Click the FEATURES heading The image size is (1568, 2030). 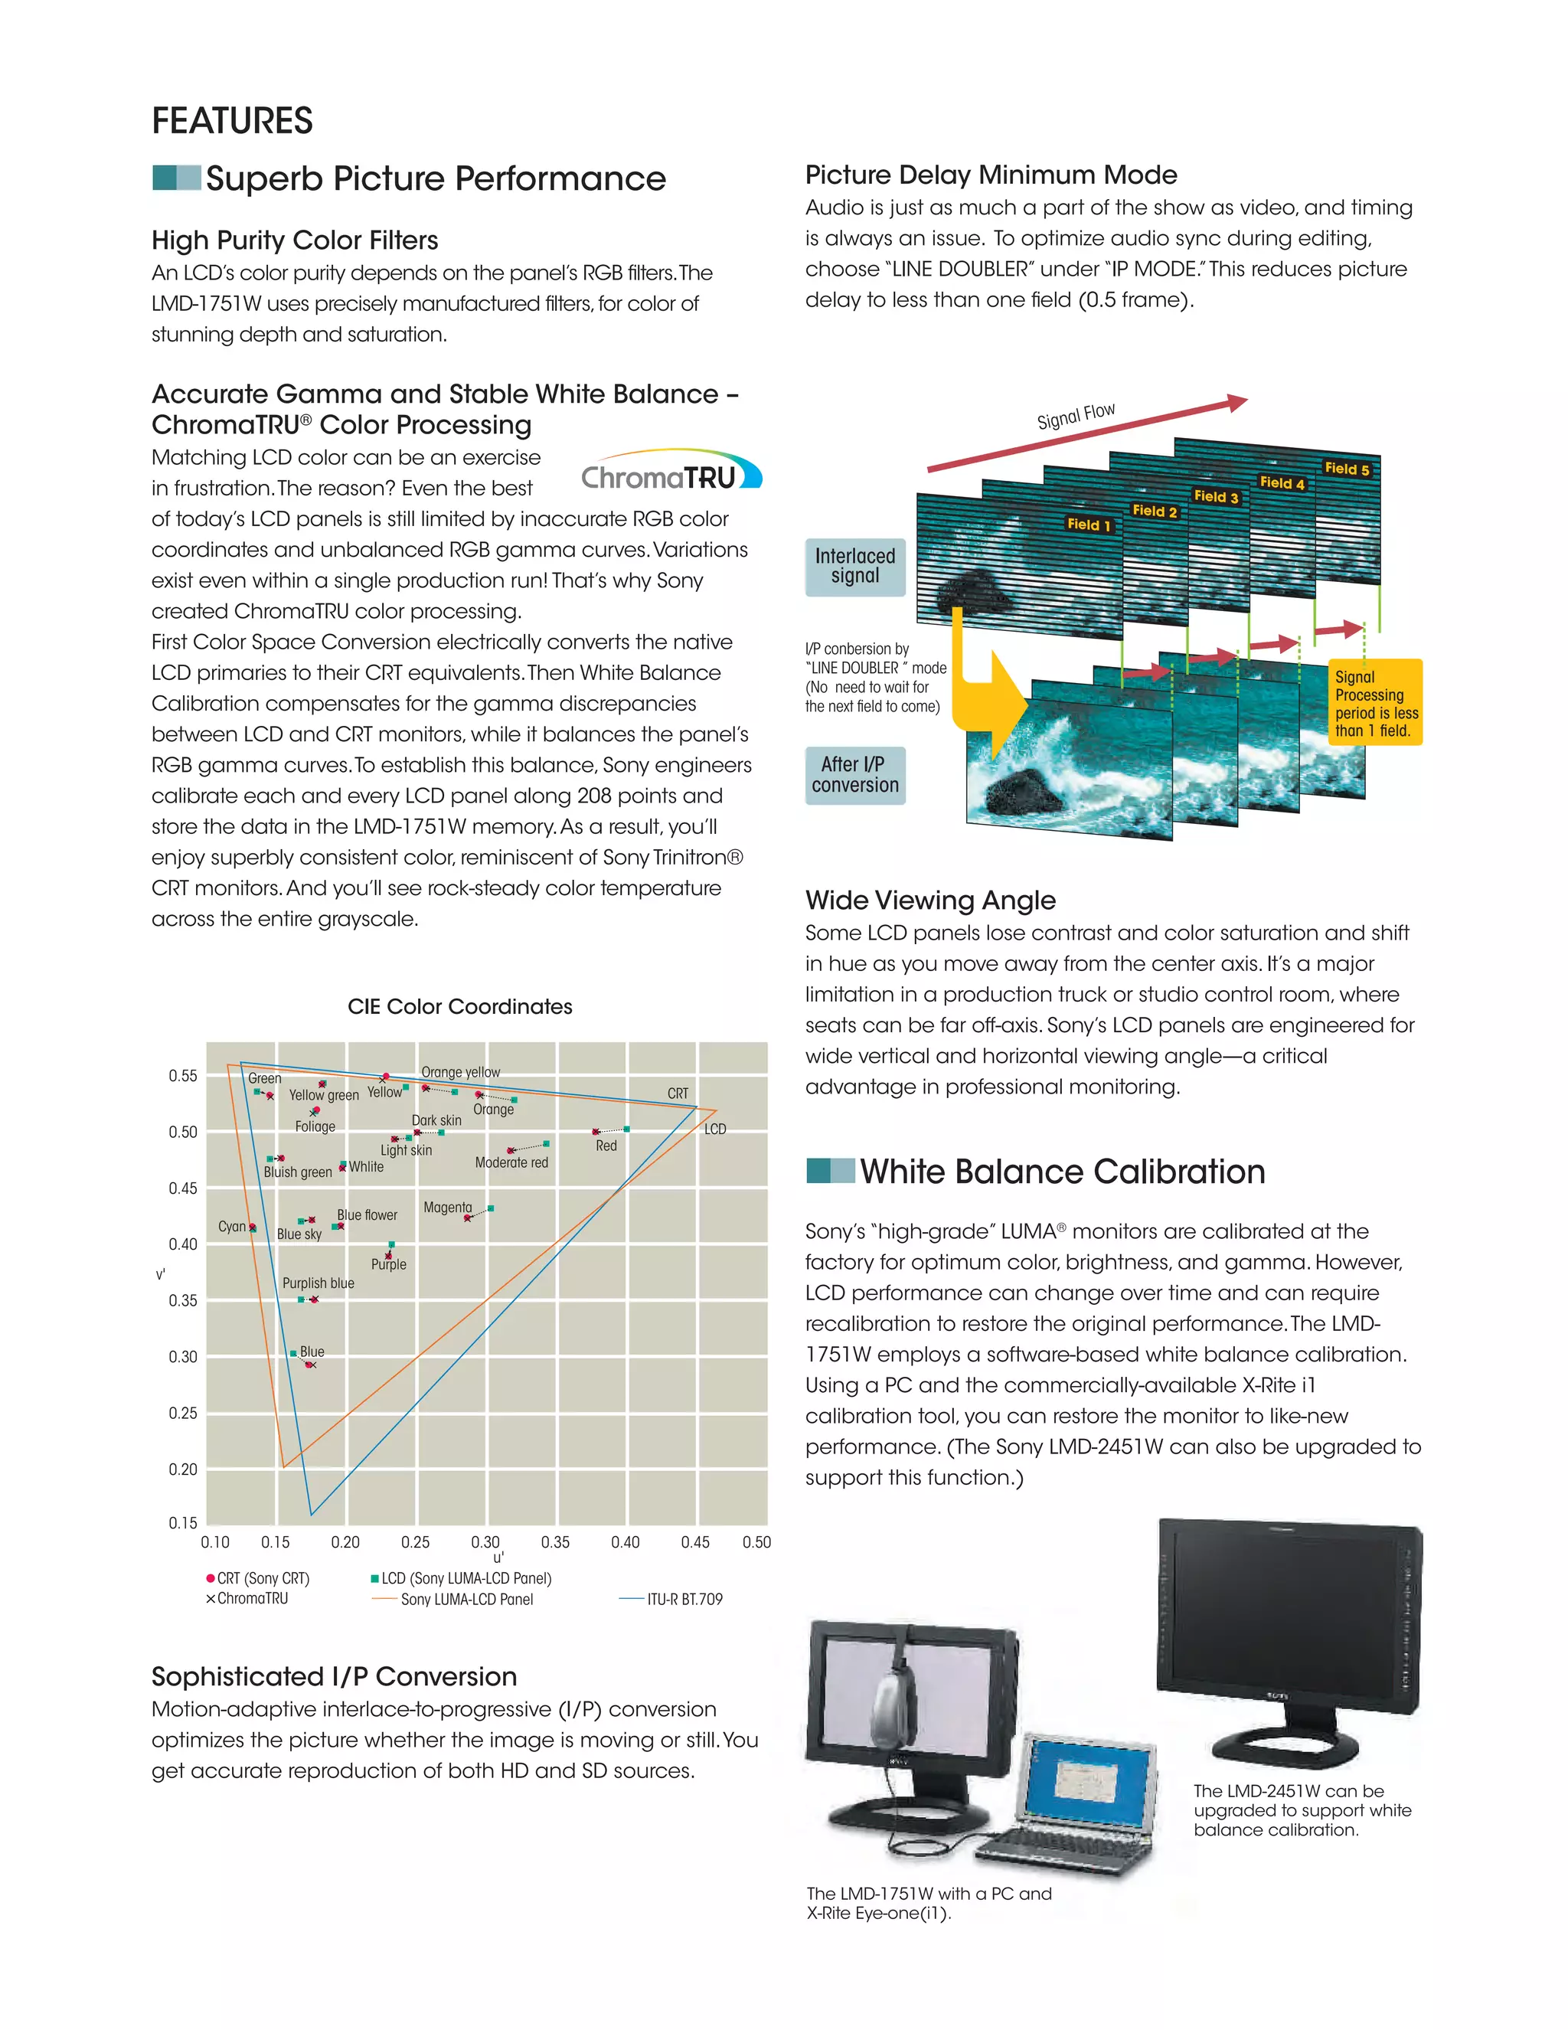click(x=232, y=121)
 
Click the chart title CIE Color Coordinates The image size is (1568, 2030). click(x=459, y=1007)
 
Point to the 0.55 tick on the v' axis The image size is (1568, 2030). click(x=183, y=1077)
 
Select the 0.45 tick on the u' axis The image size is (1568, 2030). click(x=695, y=1542)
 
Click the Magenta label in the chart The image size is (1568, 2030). click(x=447, y=1208)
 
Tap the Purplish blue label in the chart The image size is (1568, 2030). click(x=318, y=1283)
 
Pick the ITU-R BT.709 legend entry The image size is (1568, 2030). click(x=684, y=1599)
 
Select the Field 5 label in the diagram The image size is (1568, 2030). click(x=1347, y=469)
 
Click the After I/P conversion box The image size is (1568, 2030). click(x=855, y=775)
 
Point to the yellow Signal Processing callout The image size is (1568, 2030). click(x=1377, y=703)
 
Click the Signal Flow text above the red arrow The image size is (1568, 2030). click(x=1076, y=417)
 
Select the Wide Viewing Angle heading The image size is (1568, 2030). click(x=930, y=900)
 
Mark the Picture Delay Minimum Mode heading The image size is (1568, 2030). click(x=991, y=175)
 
